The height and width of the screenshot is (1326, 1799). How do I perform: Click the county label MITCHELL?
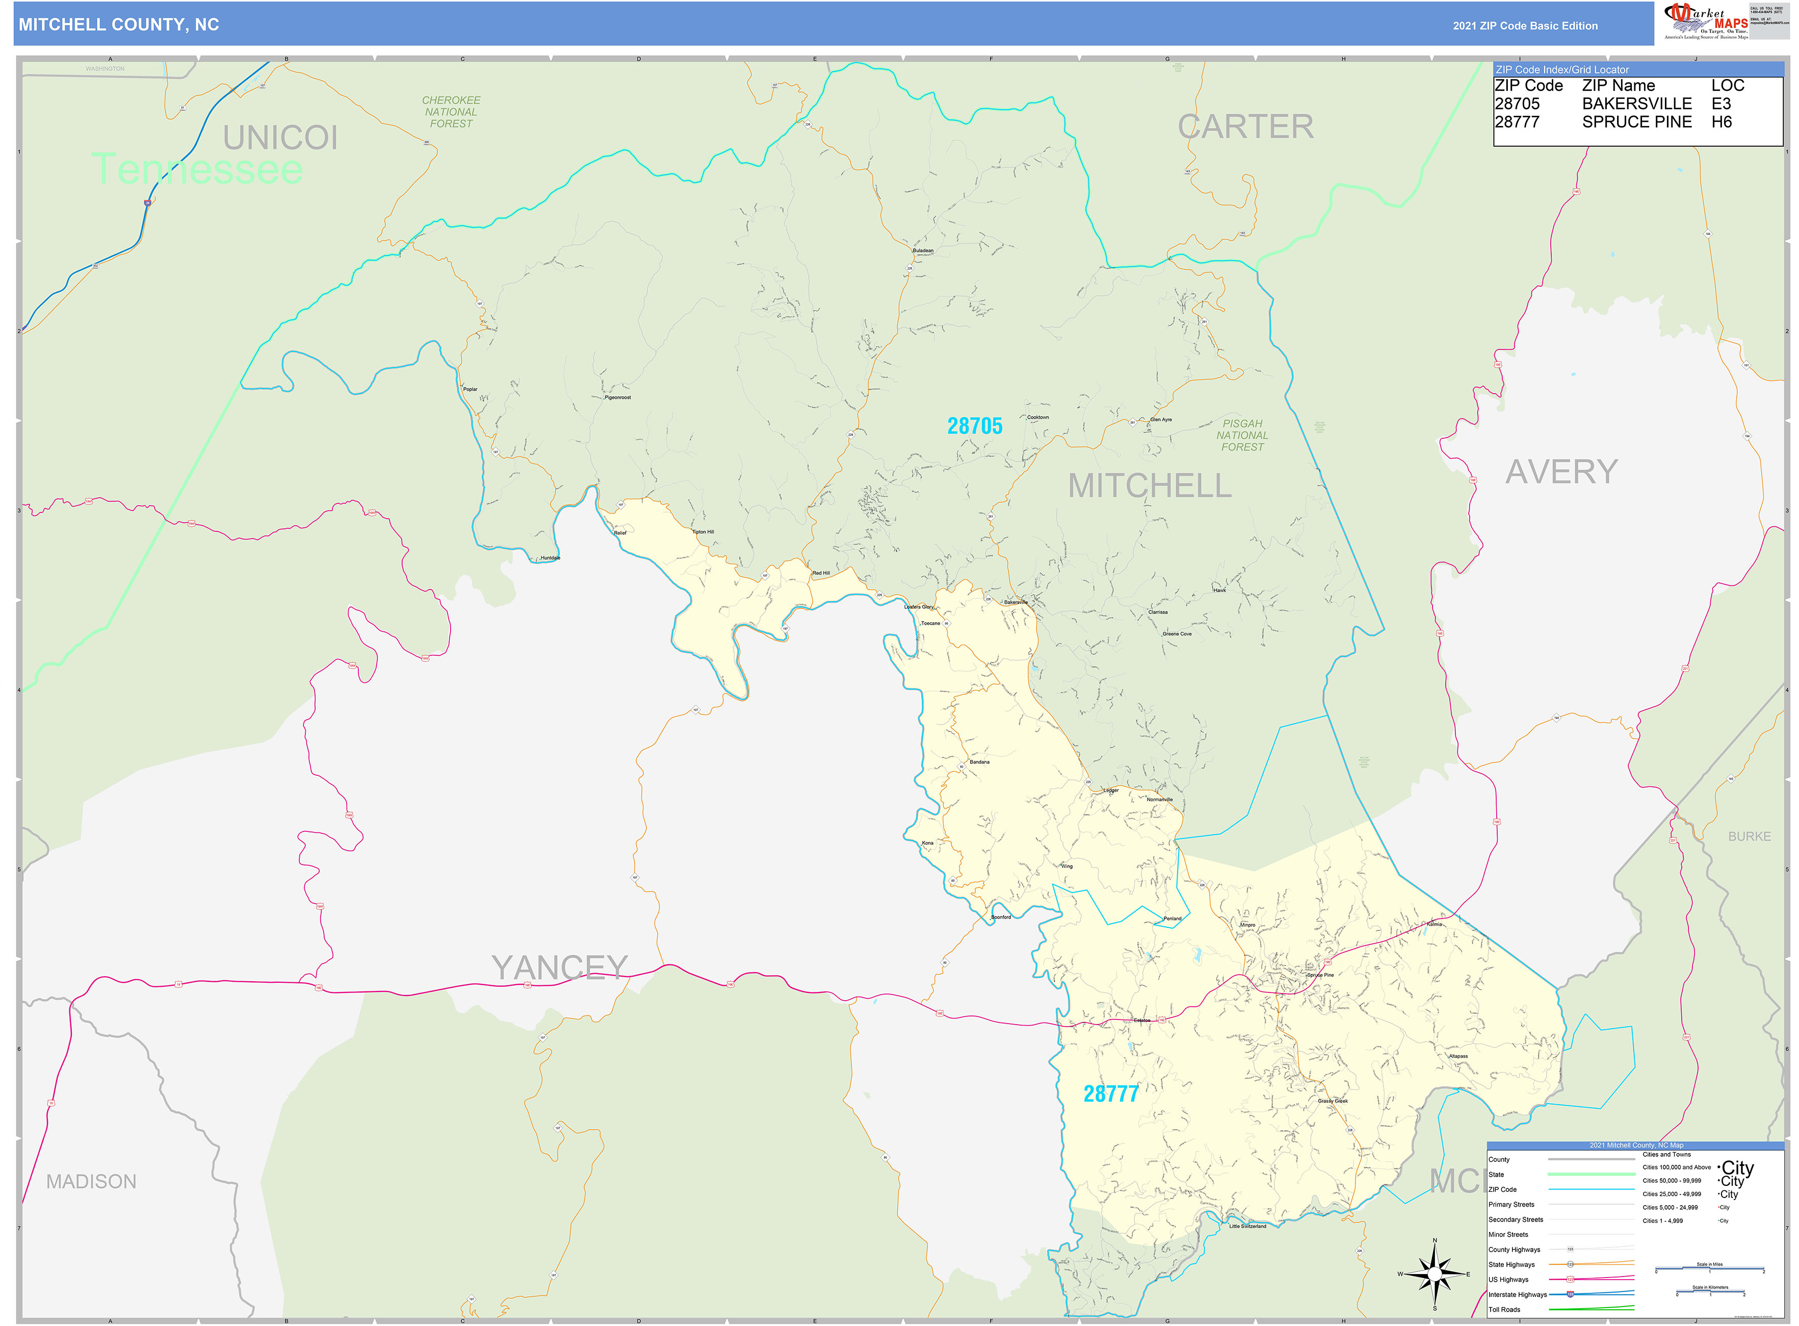pyautogui.click(x=1149, y=486)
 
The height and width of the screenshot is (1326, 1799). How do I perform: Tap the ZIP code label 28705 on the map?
pyautogui.click(x=974, y=426)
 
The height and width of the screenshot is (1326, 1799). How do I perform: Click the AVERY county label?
pyautogui.click(x=1561, y=472)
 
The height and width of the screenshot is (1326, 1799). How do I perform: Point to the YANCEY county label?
pyautogui.click(x=559, y=968)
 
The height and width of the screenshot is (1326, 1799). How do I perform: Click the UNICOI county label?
pyautogui.click(x=280, y=138)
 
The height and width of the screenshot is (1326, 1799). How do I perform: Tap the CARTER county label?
pyautogui.click(x=1245, y=127)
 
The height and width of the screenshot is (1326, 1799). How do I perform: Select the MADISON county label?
pyautogui.click(x=91, y=1182)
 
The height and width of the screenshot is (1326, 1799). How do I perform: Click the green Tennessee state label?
pyautogui.click(x=197, y=169)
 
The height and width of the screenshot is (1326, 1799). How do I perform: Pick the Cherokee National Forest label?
pyautogui.click(x=451, y=112)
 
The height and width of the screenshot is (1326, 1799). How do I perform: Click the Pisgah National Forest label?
pyautogui.click(x=1242, y=435)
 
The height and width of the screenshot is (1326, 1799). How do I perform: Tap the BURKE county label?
pyautogui.click(x=1749, y=836)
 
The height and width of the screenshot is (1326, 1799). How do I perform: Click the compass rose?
pyautogui.click(x=1435, y=1274)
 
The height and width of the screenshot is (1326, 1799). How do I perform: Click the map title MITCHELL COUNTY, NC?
pyautogui.click(x=119, y=25)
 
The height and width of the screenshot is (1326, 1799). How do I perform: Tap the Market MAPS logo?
pyautogui.click(x=1705, y=21)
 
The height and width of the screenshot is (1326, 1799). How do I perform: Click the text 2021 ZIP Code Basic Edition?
pyautogui.click(x=1525, y=25)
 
